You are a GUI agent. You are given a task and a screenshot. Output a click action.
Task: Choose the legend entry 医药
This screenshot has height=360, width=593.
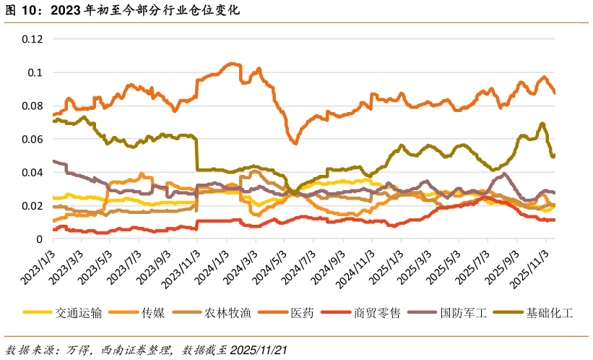pyautogui.click(x=302, y=313)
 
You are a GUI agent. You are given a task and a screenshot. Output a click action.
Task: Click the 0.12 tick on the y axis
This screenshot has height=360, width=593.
pyautogui.click(x=33, y=39)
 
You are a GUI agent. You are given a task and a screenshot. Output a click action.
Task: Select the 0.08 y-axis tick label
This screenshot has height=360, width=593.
pyautogui.click(x=33, y=106)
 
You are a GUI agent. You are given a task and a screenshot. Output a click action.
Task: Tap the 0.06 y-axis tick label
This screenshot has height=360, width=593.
pyautogui.click(x=33, y=139)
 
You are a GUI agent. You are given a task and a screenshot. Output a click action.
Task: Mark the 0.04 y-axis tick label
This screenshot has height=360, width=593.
pyautogui.click(x=33, y=172)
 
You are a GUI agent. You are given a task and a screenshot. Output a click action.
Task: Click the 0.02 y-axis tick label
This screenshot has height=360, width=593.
pyautogui.click(x=33, y=205)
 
